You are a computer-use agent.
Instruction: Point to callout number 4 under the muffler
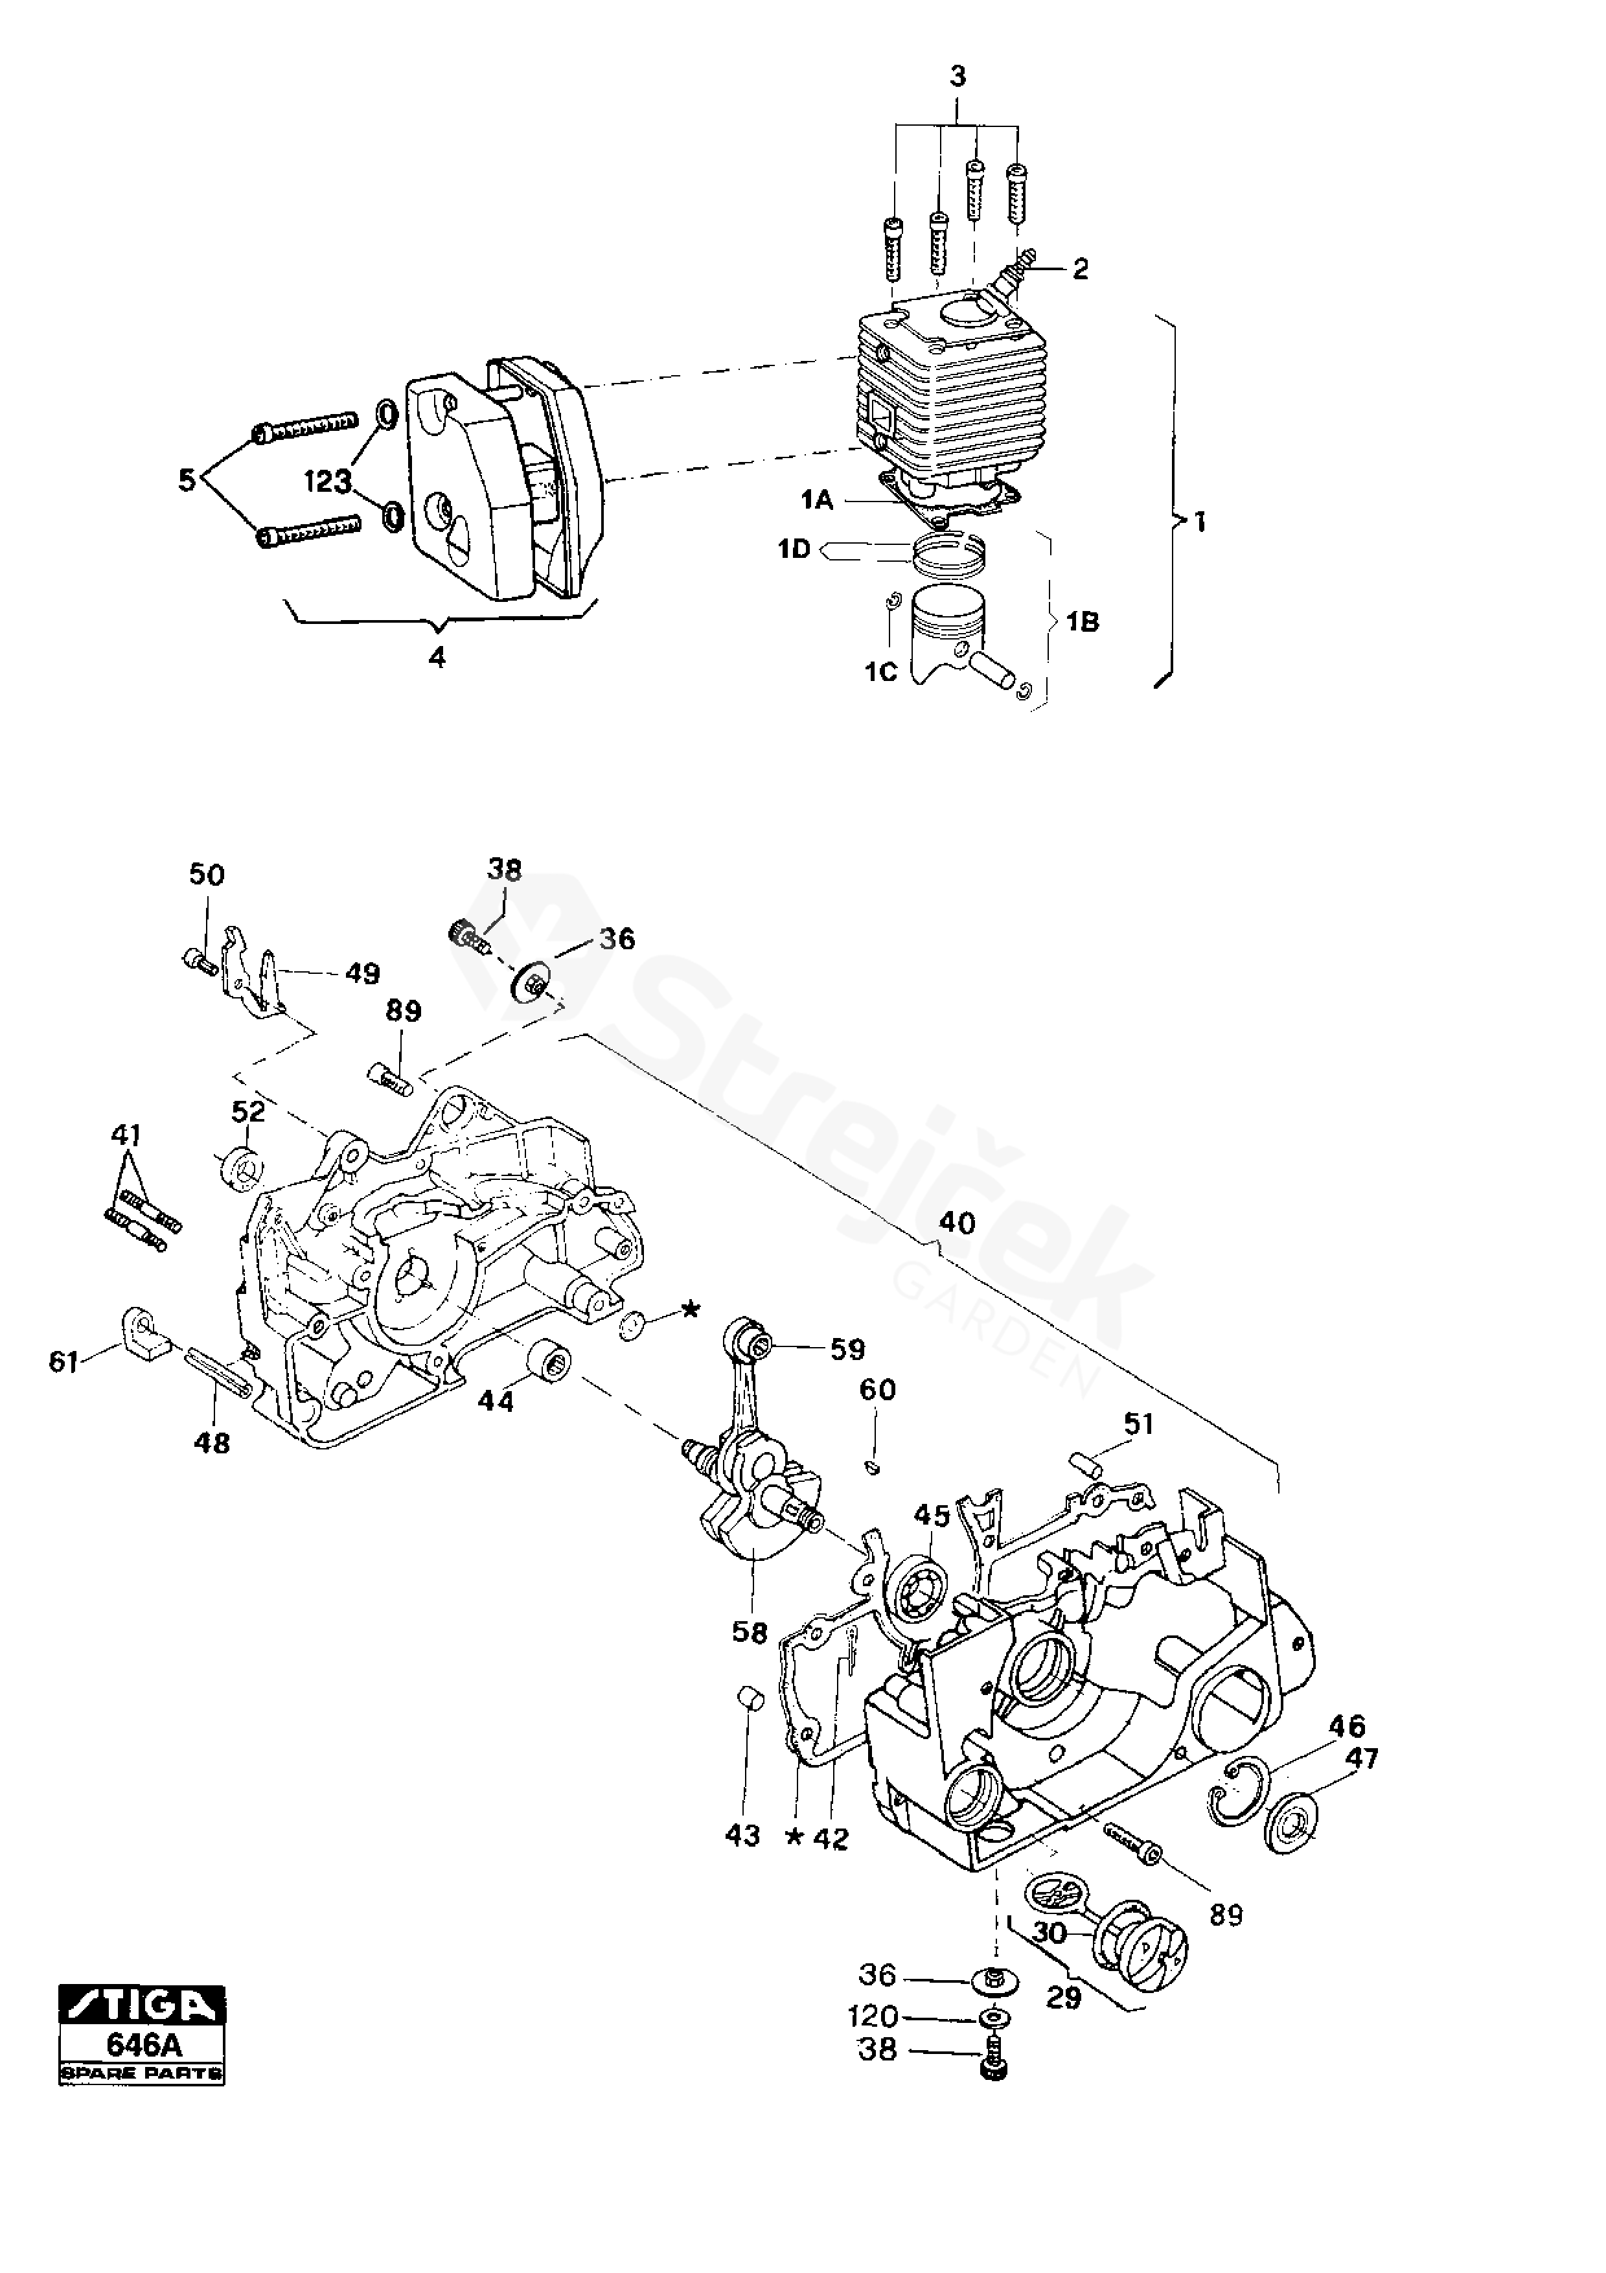[437, 658]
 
